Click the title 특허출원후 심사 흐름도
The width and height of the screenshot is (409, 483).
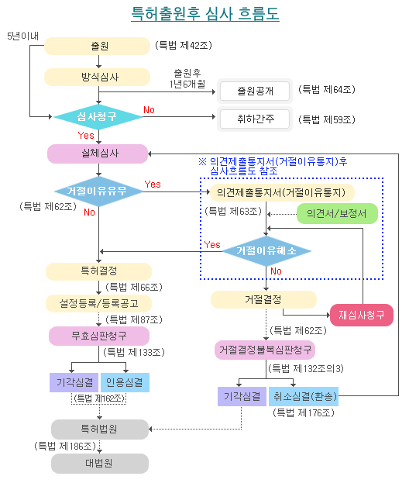tap(205, 14)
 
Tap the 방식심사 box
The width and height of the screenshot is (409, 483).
tap(96, 77)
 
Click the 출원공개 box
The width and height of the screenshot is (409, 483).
tap(254, 91)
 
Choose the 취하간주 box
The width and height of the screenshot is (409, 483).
tap(254, 119)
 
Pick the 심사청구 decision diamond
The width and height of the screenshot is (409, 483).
tap(98, 117)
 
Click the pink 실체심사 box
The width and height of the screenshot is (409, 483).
tap(97, 154)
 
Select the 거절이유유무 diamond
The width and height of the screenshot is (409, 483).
tap(98, 191)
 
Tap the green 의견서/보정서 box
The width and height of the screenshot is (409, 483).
tap(336, 213)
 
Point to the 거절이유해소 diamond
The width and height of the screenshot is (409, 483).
tap(266, 251)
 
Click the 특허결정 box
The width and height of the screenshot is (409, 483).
tap(98, 271)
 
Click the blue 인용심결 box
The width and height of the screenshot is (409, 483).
tap(124, 382)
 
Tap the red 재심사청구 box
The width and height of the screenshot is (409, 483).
tap(362, 315)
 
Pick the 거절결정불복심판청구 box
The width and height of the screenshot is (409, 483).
tap(265, 350)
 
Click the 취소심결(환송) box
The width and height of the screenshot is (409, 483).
tap(303, 396)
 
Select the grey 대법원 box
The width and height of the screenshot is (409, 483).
tap(99, 464)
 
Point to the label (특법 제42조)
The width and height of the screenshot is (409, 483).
tap(184, 46)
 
